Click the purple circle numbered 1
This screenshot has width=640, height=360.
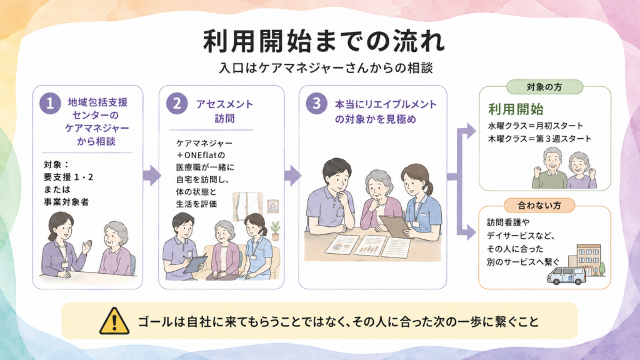pyautogui.click(x=50, y=103)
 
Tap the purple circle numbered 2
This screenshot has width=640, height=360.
pyautogui.click(x=177, y=103)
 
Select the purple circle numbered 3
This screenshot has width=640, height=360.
pyautogui.click(x=317, y=103)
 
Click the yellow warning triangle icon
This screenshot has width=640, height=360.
pyautogui.click(x=115, y=321)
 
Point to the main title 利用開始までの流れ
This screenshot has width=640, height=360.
pyautogui.click(x=324, y=41)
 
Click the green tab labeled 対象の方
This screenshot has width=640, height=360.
pyautogui.click(x=544, y=87)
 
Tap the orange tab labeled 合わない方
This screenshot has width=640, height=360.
pyautogui.click(x=539, y=205)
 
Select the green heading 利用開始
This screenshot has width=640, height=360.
pyautogui.click(x=516, y=109)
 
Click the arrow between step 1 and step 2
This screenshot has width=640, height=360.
pyautogui.click(x=151, y=176)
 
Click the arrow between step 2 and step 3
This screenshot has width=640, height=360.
pyautogui.click(x=292, y=176)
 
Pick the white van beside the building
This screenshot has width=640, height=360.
pyautogui.click(x=566, y=276)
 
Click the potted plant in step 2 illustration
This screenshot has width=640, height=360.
pyautogui.click(x=276, y=231)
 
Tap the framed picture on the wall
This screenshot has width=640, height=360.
pyautogui.click(x=272, y=206)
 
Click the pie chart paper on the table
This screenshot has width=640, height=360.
pyautogui.click(x=340, y=245)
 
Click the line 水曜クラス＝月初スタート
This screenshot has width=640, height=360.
pyautogui.click(x=536, y=126)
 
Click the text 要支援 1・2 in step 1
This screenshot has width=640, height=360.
pyautogui.click(x=69, y=177)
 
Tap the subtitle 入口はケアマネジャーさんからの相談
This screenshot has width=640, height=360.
pyautogui.click(x=326, y=67)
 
